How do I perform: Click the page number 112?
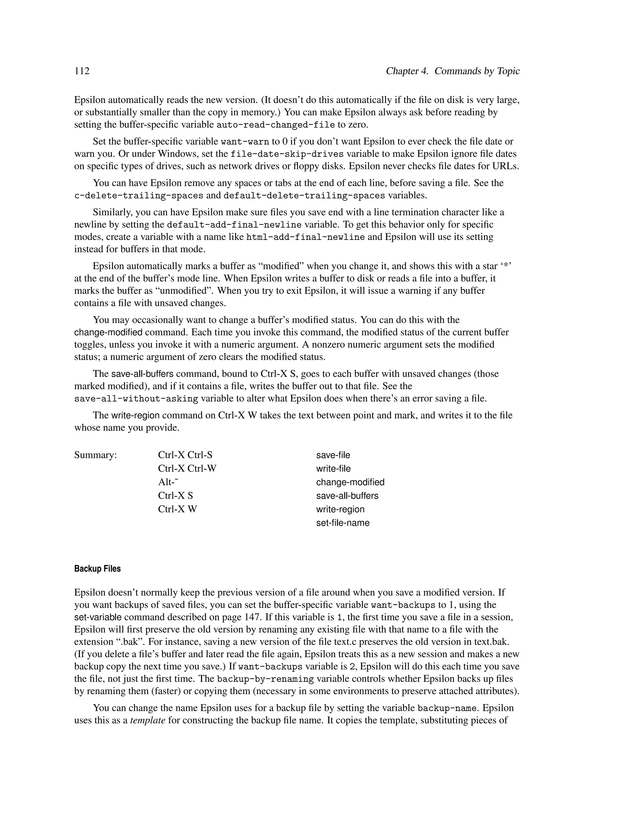coord(82,71)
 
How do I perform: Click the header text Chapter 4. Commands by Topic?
coord(452,71)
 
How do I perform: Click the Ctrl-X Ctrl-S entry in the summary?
coord(185,455)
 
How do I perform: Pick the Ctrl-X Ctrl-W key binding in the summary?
coord(187,469)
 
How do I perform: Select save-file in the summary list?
coord(333,455)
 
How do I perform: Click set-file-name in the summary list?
coord(343,523)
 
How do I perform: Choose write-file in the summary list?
coord(333,469)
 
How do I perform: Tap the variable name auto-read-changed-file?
coord(275,125)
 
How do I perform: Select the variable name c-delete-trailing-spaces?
coord(139,196)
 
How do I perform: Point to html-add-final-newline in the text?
coord(305,237)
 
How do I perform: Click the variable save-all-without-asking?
coord(136,399)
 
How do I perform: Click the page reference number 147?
coord(252,617)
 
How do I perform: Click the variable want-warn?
coord(245,142)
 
